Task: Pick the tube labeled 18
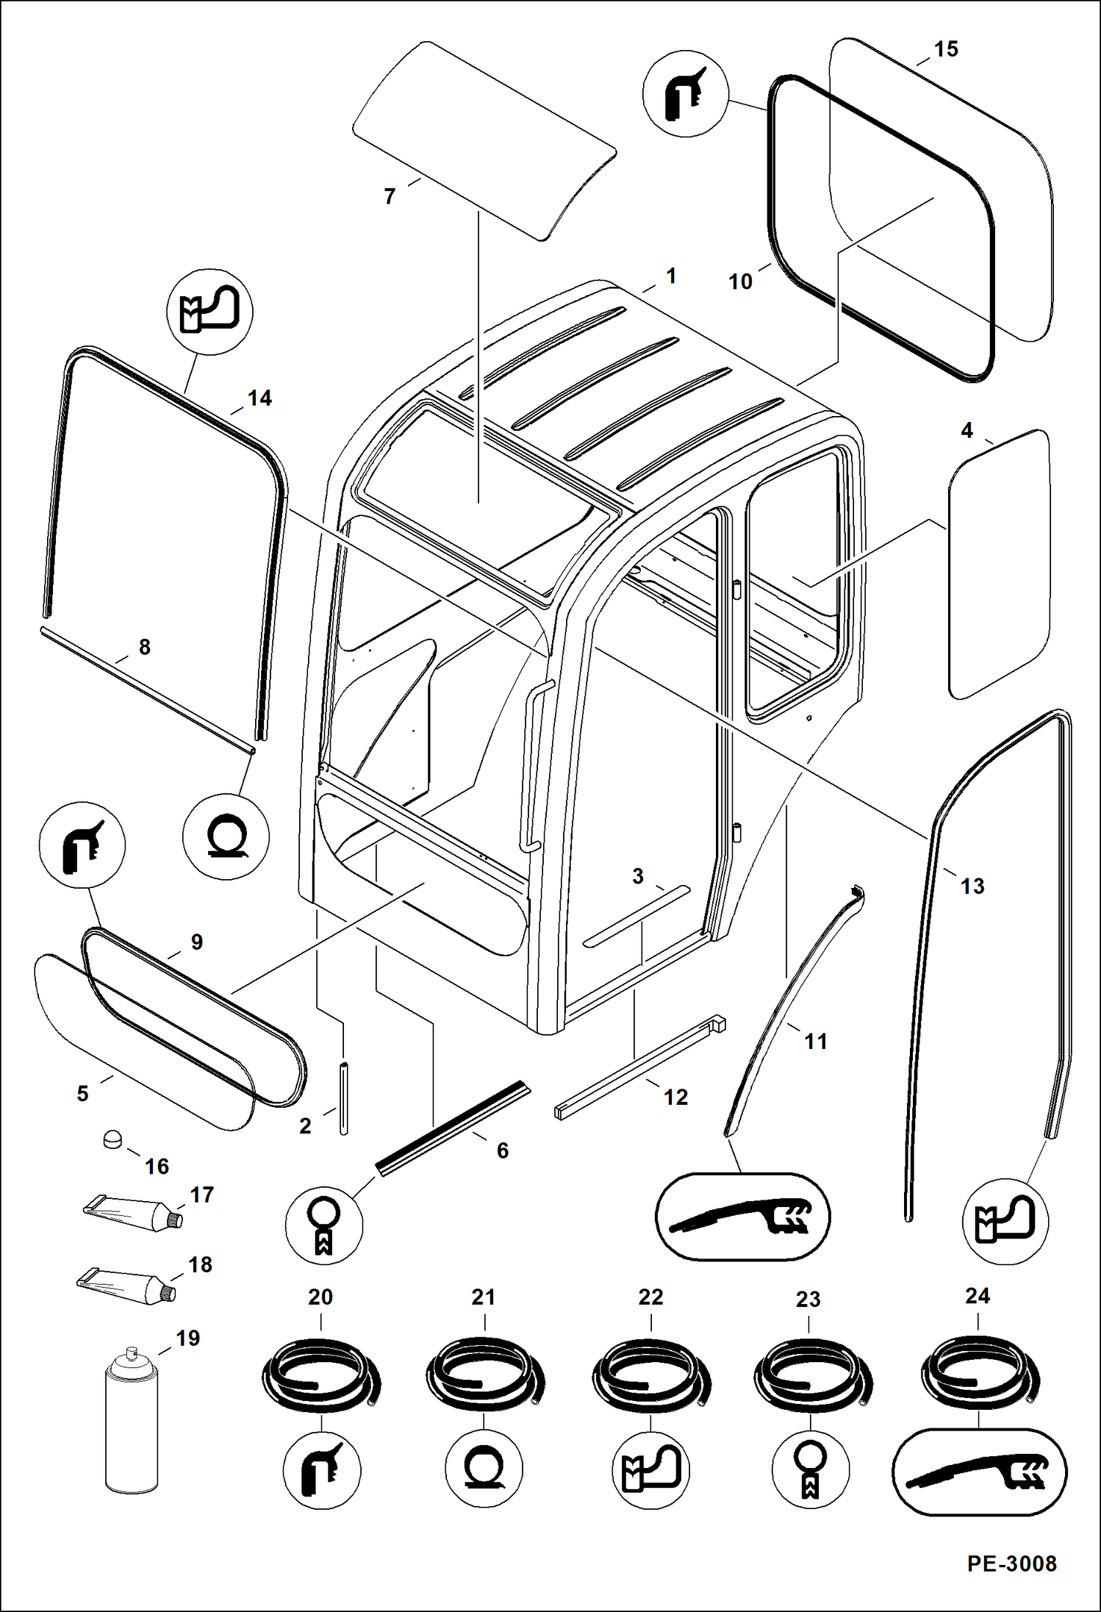tap(126, 1283)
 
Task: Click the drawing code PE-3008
tap(1011, 1563)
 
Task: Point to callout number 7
tap(390, 196)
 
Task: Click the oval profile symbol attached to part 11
tap(742, 1217)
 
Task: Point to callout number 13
tap(972, 886)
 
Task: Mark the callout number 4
tap(966, 430)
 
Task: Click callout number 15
tap(946, 49)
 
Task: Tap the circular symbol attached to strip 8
tap(226, 837)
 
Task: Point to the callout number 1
tap(670, 276)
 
